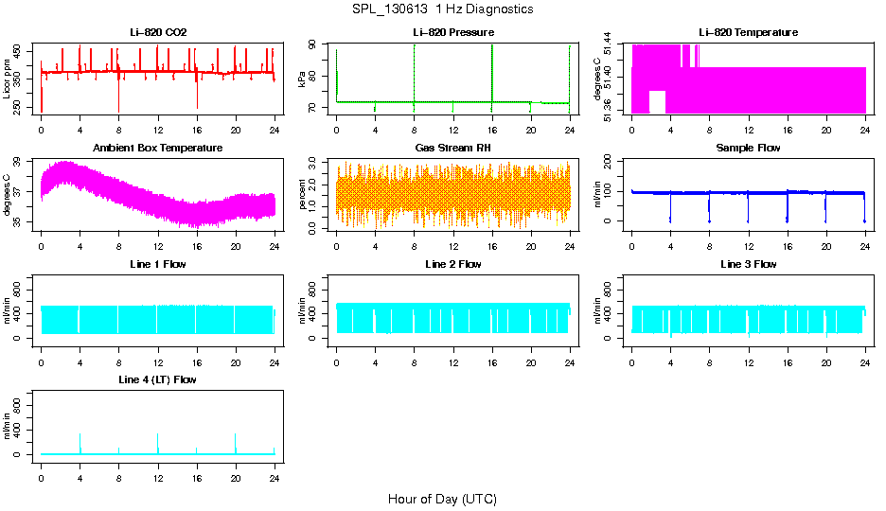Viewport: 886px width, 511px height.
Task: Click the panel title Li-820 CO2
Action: [x=158, y=33]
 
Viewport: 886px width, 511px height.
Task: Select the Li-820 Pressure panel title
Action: [x=453, y=33]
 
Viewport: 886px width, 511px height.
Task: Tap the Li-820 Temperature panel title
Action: [x=748, y=33]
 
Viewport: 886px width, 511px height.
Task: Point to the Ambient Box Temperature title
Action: [x=158, y=149]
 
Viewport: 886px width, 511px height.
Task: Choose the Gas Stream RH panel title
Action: [x=453, y=149]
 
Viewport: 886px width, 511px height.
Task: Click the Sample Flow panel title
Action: [x=748, y=149]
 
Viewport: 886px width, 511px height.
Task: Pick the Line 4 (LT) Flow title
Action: [x=158, y=379]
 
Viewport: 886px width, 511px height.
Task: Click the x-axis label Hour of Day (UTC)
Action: [x=442, y=499]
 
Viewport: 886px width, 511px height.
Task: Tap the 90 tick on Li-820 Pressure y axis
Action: [x=318, y=44]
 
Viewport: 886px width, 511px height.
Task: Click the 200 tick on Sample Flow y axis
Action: [x=612, y=162]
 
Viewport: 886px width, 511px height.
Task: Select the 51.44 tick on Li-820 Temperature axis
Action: [x=614, y=45]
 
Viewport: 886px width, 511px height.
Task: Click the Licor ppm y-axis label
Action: [x=8, y=79]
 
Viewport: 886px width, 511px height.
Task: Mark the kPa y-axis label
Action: [x=303, y=79]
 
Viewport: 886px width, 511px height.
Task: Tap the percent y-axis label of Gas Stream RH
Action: [x=303, y=195]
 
